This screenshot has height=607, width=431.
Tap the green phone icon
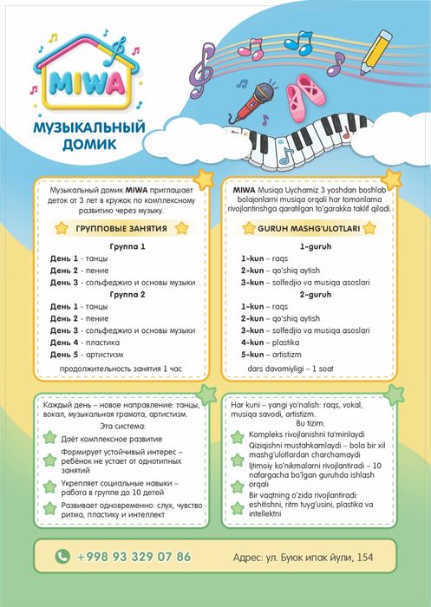point(62,557)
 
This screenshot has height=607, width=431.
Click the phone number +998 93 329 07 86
point(134,557)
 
